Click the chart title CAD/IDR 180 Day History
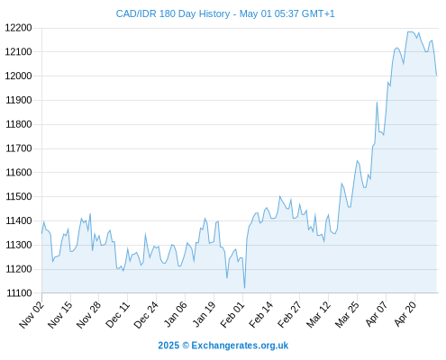(173, 13)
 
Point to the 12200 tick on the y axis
(18, 28)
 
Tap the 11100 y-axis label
(19, 293)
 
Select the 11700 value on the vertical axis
(19, 148)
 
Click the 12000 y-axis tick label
(18, 76)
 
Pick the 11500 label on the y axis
(19, 196)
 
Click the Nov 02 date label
(32, 315)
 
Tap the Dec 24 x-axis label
(146, 315)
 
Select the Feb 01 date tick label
(232, 315)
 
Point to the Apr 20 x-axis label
(405, 314)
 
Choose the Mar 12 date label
(318, 315)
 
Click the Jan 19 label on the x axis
(204, 314)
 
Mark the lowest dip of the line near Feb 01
(245, 288)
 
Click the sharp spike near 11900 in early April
(377, 103)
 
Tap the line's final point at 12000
(437, 76)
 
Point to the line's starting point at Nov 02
(41, 233)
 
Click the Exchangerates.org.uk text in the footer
(240, 346)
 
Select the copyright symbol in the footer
(186, 346)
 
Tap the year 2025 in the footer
(168, 346)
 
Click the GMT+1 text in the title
(318, 13)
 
